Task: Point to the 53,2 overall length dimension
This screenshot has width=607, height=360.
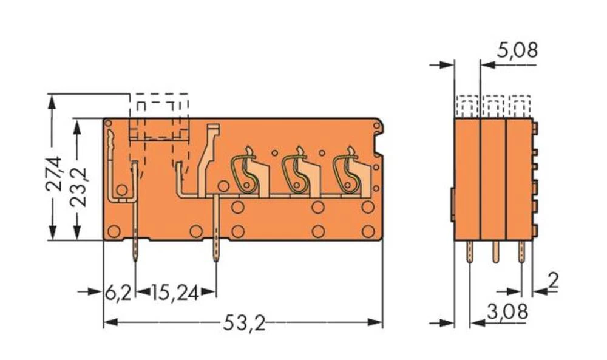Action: (244, 324)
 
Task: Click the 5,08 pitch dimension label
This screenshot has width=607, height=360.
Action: (517, 50)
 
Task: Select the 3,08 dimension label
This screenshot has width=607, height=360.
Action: (507, 313)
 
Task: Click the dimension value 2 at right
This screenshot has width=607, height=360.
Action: (553, 280)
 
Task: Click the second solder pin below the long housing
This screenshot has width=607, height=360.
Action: (216, 249)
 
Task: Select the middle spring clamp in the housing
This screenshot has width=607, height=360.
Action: (299, 172)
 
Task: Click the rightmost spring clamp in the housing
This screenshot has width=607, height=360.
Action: (350, 172)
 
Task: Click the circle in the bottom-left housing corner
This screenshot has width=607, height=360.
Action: (113, 231)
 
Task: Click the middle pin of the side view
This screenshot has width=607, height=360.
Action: (495, 250)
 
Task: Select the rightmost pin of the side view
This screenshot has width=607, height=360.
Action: (521, 250)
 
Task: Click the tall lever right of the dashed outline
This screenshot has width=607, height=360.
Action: (208, 158)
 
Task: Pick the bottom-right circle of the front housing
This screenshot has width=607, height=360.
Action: (367, 231)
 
